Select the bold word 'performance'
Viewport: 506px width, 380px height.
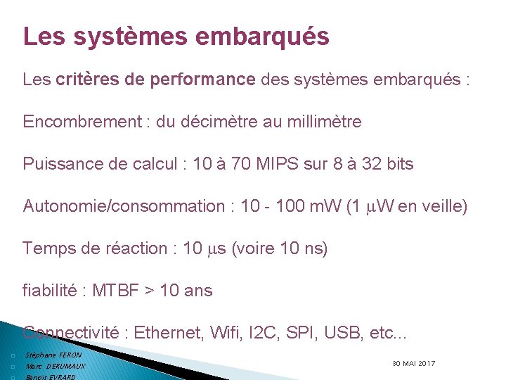pos(202,80)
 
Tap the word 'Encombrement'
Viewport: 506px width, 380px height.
pos(82,122)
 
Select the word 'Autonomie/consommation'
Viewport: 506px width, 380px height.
pos(124,206)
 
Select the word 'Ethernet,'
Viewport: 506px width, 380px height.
pos(169,332)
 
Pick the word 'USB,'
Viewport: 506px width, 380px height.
pos(343,332)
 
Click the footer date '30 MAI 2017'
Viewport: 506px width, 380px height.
pos(413,363)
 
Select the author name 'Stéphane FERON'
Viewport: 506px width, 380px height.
pos(53,355)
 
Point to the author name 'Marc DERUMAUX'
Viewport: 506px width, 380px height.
pos(55,367)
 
